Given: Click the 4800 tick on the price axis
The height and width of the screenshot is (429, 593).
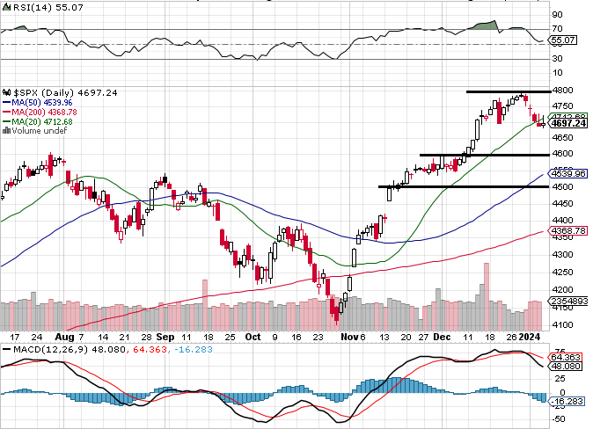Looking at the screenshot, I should (x=562, y=91).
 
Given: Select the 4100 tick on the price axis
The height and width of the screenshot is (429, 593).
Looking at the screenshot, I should (x=562, y=324).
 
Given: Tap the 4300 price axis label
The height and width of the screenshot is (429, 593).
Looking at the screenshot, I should (x=562, y=255).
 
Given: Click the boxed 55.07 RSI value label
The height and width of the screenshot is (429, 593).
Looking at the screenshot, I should (x=562, y=40).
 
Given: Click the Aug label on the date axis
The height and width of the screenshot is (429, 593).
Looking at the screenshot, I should (x=66, y=337).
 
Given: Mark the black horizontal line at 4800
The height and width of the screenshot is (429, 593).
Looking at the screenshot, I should (x=507, y=91).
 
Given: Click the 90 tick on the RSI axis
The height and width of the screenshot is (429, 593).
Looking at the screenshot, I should (x=557, y=15).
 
